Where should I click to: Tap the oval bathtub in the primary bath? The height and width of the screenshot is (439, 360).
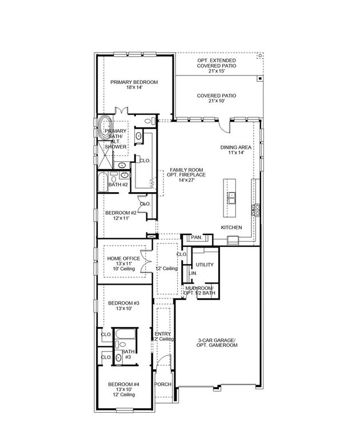point(105,127)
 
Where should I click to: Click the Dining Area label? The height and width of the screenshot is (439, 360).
point(236,150)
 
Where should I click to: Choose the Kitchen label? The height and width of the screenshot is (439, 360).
point(232,228)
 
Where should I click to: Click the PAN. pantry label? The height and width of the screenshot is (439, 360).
point(196,237)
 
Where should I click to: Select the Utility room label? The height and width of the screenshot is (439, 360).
point(205,265)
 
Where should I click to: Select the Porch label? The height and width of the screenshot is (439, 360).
point(163,384)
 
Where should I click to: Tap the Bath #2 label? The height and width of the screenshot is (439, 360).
point(118,185)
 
